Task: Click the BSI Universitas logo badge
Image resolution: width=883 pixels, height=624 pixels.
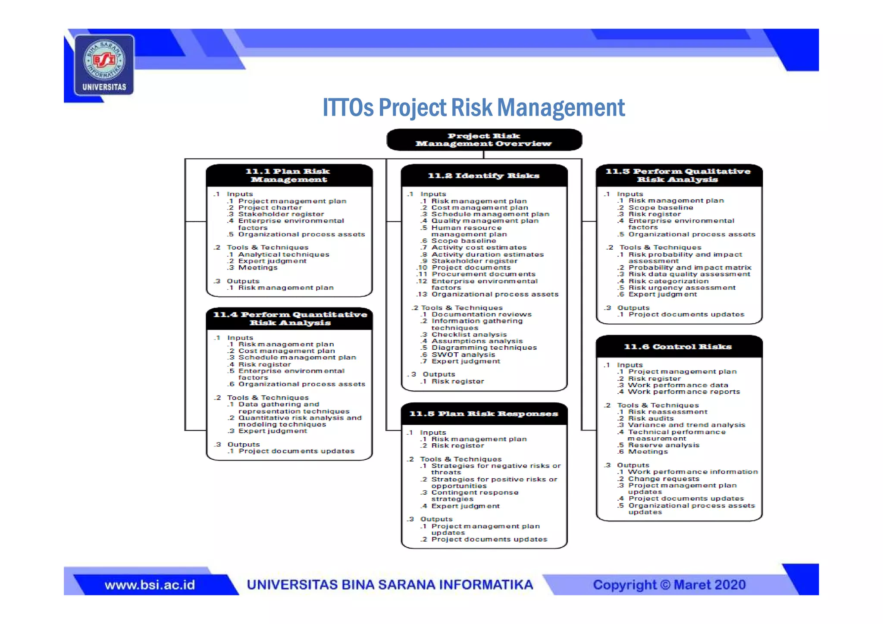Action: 104,65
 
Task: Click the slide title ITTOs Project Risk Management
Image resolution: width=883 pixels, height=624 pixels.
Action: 473,108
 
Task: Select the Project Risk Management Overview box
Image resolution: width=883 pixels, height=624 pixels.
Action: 484,140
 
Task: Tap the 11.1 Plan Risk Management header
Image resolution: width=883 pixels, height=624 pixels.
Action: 289,175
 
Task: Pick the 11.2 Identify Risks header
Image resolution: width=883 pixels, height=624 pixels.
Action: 484,176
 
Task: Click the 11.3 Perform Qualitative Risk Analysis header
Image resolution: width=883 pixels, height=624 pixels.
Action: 679,175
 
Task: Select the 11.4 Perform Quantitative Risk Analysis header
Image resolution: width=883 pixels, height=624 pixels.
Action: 289,319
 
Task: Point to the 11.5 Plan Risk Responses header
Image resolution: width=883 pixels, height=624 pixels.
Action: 484,414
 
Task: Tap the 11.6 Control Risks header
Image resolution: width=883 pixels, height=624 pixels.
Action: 679,347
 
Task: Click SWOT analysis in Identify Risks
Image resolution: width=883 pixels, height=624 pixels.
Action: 463,354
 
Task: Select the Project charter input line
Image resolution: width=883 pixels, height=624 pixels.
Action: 270,207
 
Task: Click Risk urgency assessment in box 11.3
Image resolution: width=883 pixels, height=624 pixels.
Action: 682,288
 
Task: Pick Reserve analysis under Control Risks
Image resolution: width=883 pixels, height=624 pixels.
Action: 664,445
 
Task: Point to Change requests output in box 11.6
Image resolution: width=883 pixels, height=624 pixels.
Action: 664,479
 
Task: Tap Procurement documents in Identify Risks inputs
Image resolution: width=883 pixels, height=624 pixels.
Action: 483,274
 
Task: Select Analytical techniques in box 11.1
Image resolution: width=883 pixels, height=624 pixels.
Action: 283,254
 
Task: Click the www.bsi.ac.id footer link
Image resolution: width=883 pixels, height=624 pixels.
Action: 150,585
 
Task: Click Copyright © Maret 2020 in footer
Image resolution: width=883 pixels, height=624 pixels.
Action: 669,585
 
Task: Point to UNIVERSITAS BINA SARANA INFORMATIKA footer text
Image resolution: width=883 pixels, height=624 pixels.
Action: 390,585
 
